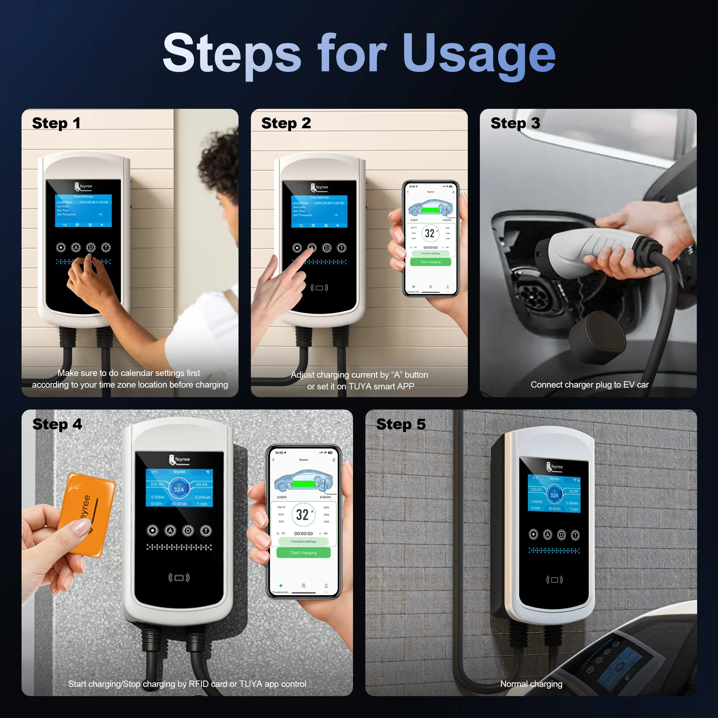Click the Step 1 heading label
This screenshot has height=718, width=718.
56,123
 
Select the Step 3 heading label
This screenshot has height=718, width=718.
515,123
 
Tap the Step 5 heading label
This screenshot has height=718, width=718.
401,424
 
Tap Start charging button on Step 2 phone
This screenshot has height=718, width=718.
430,262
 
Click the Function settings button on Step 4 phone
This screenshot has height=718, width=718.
303,541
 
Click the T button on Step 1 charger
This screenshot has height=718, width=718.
106,247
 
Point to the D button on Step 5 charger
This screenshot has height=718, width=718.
561,535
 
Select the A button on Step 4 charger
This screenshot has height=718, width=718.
170,531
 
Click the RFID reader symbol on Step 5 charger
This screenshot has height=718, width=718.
554,580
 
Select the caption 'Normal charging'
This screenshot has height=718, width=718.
531,684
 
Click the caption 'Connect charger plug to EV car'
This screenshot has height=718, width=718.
589,385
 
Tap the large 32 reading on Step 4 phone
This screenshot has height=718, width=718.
302,515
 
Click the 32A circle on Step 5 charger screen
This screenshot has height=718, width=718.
554,495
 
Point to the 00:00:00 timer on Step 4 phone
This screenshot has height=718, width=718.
303,533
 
